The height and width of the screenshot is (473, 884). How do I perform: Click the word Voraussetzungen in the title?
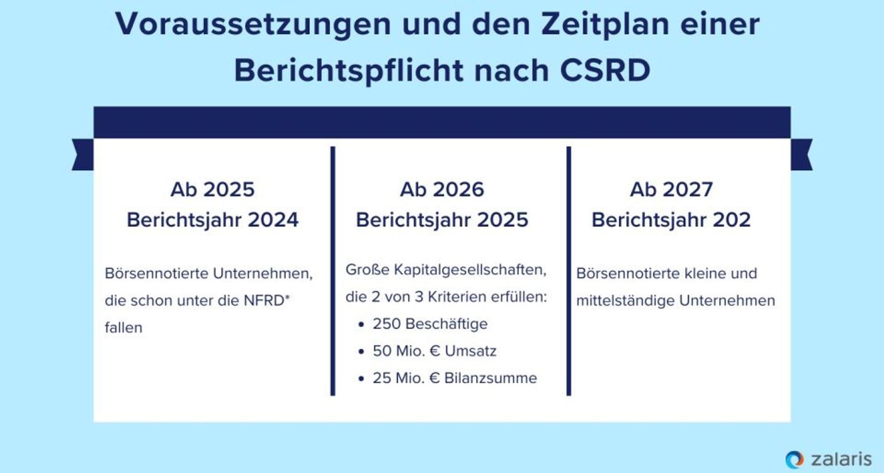click(x=253, y=24)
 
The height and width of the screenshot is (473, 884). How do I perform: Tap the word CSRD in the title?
click(x=605, y=70)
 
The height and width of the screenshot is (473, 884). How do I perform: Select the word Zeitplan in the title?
click(x=605, y=24)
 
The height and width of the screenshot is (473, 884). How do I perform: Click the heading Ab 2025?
click(x=212, y=190)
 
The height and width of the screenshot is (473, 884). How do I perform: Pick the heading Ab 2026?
click(x=442, y=190)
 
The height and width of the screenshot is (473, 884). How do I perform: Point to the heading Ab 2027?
click(x=671, y=190)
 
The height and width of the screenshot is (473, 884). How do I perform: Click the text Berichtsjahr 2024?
click(x=212, y=220)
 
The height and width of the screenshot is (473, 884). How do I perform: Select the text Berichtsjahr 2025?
click(x=442, y=220)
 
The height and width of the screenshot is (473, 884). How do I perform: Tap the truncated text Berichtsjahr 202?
click(x=671, y=220)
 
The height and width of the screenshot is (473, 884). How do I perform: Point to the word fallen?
click(x=123, y=328)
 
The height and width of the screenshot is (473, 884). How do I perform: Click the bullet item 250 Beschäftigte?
click(x=430, y=324)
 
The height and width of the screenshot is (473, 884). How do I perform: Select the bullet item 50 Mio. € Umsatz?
click(x=435, y=351)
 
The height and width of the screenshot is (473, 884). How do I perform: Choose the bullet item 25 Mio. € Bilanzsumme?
click(x=455, y=378)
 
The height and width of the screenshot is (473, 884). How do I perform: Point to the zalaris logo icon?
click(x=794, y=459)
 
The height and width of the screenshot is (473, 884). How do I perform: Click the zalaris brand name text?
click(x=841, y=459)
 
